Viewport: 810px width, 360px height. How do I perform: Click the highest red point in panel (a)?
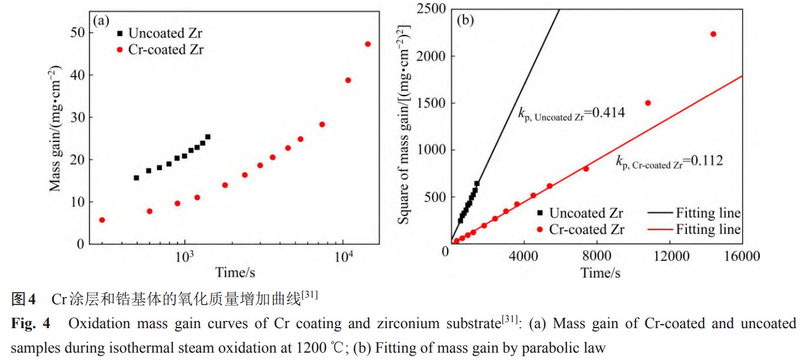click(x=367, y=44)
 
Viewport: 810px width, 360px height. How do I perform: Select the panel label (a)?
click(x=100, y=20)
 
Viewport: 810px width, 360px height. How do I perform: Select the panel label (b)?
click(x=466, y=20)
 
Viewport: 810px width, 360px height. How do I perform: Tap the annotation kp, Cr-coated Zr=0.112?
click(x=669, y=162)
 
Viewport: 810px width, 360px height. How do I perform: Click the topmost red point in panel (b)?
click(x=713, y=34)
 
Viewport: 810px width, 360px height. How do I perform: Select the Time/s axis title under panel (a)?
click(x=234, y=272)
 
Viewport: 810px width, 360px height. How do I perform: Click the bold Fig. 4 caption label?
click(x=31, y=323)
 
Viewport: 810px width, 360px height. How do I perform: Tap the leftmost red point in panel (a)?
click(x=102, y=220)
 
